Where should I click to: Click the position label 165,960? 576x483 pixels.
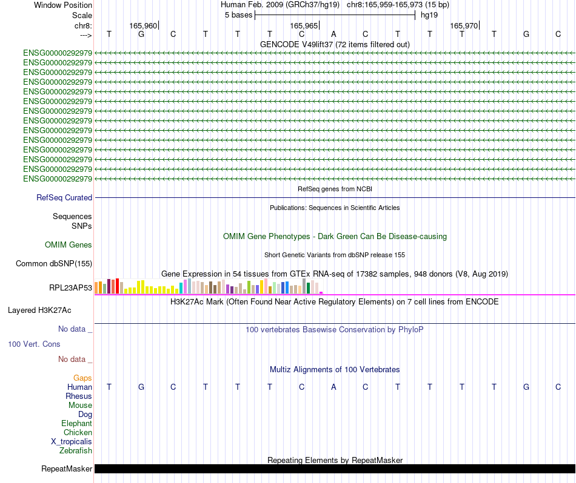point(143,25)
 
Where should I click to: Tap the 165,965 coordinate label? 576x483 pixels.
point(304,25)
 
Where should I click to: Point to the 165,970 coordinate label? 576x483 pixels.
point(464,25)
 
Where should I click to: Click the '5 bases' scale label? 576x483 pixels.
point(238,15)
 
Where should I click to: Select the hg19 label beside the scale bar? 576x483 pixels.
point(429,15)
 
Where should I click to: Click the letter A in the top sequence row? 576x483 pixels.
point(333,34)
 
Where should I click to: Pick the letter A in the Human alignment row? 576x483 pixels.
point(333,387)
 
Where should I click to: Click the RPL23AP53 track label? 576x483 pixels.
point(71,287)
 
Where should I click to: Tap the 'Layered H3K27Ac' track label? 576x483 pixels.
point(39,310)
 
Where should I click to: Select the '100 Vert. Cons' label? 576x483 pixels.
point(34,344)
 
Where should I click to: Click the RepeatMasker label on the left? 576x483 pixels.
point(67,468)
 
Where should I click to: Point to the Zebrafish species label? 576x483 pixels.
point(76,450)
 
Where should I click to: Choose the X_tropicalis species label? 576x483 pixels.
point(72,441)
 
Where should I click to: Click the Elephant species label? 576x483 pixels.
point(76,423)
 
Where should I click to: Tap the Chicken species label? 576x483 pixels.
point(78,432)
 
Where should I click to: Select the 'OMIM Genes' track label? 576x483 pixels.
point(69,245)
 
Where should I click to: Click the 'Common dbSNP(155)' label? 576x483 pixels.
point(54,263)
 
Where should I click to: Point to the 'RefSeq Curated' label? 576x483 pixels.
point(64,197)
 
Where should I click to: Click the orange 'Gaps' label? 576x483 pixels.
point(82,378)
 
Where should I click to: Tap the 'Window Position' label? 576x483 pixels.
point(63,5)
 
